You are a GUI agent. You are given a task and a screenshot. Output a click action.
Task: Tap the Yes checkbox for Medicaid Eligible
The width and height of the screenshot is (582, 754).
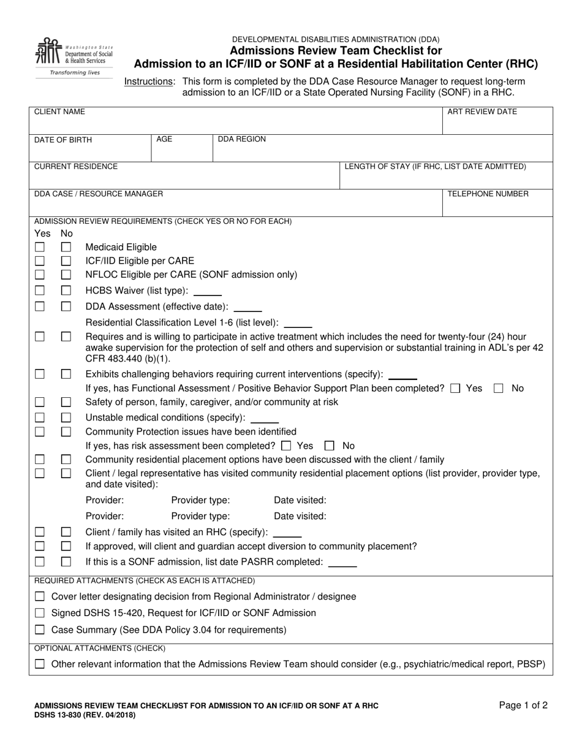(40, 247)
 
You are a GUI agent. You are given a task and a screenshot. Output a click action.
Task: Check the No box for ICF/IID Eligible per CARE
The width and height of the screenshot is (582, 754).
(66, 261)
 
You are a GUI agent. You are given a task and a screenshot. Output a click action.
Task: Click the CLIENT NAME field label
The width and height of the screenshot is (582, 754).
(59, 112)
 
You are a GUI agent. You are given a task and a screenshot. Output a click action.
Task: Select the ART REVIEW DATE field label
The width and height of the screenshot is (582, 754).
(482, 112)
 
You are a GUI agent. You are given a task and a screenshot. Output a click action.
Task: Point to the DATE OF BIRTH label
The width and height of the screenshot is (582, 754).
(63, 140)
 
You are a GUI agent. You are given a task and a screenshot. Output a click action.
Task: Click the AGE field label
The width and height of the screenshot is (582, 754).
(164, 139)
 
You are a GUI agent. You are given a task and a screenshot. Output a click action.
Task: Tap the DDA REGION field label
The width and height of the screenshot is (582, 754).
(242, 139)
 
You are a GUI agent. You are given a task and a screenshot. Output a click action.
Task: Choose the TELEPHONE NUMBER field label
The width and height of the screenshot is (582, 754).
(488, 194)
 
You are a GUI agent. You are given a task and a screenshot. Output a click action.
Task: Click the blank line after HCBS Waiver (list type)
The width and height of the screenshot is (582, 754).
(208, 292)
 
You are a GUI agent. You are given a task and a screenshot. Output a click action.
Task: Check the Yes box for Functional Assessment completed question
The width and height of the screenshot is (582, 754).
(455, 388)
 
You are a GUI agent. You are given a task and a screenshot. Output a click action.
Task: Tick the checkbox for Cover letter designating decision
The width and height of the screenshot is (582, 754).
(40, 596)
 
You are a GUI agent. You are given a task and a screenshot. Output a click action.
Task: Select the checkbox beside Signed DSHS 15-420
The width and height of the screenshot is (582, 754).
(40, 613)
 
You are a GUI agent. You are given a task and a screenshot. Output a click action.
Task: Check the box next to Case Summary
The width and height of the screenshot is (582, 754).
(40, 630)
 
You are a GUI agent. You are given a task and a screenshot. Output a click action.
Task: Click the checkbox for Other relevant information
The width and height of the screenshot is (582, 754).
(40, 664)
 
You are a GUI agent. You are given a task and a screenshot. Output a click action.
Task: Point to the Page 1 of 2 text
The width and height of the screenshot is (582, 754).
(523, 705)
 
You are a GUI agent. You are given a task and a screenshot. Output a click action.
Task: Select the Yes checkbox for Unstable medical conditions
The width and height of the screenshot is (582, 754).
(40, 417)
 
